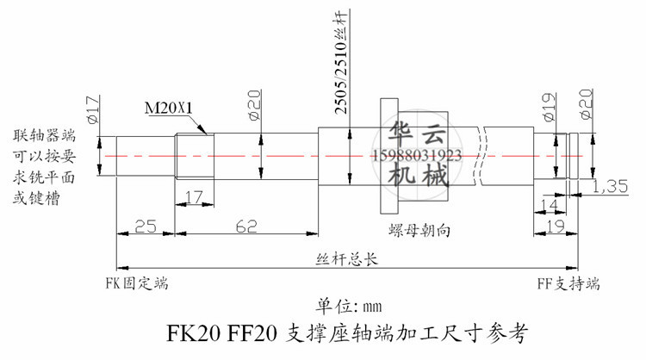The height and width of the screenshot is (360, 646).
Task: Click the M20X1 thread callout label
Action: click(169, 108)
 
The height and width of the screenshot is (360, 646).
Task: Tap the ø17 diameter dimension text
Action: click(93, 109)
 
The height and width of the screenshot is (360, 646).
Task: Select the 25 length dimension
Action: click(146, 227)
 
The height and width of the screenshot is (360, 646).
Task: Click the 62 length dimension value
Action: click(246, 227)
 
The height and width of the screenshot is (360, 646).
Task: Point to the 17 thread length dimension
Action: click(194, 197)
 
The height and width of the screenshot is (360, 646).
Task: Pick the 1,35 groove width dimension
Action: click(610, 186)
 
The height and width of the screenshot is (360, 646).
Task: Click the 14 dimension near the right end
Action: click(549, 205)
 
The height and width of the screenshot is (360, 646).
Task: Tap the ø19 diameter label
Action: click(550, 107)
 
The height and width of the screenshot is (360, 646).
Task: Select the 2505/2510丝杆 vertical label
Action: click(341, 62)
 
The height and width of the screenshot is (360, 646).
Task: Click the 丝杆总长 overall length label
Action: click(346, 259)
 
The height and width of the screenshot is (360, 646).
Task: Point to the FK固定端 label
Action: click(137, 283)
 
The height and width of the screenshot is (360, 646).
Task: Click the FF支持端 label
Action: click(568, 284)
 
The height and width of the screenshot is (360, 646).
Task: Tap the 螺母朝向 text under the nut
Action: click(419, 230)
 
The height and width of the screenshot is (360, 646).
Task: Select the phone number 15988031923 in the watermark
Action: click(417, 156)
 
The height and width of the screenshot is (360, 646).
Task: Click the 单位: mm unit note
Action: click(349, 306)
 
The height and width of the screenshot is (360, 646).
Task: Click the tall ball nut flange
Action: click(389, 156)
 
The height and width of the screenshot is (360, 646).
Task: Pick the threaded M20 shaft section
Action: click(195, 156)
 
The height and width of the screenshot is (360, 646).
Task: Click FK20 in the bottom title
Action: click(193, 332)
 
